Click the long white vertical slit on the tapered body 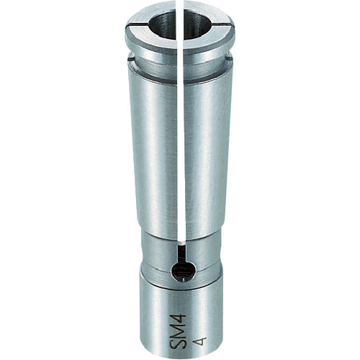click(178, 144)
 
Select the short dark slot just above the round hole click(179, 252)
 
